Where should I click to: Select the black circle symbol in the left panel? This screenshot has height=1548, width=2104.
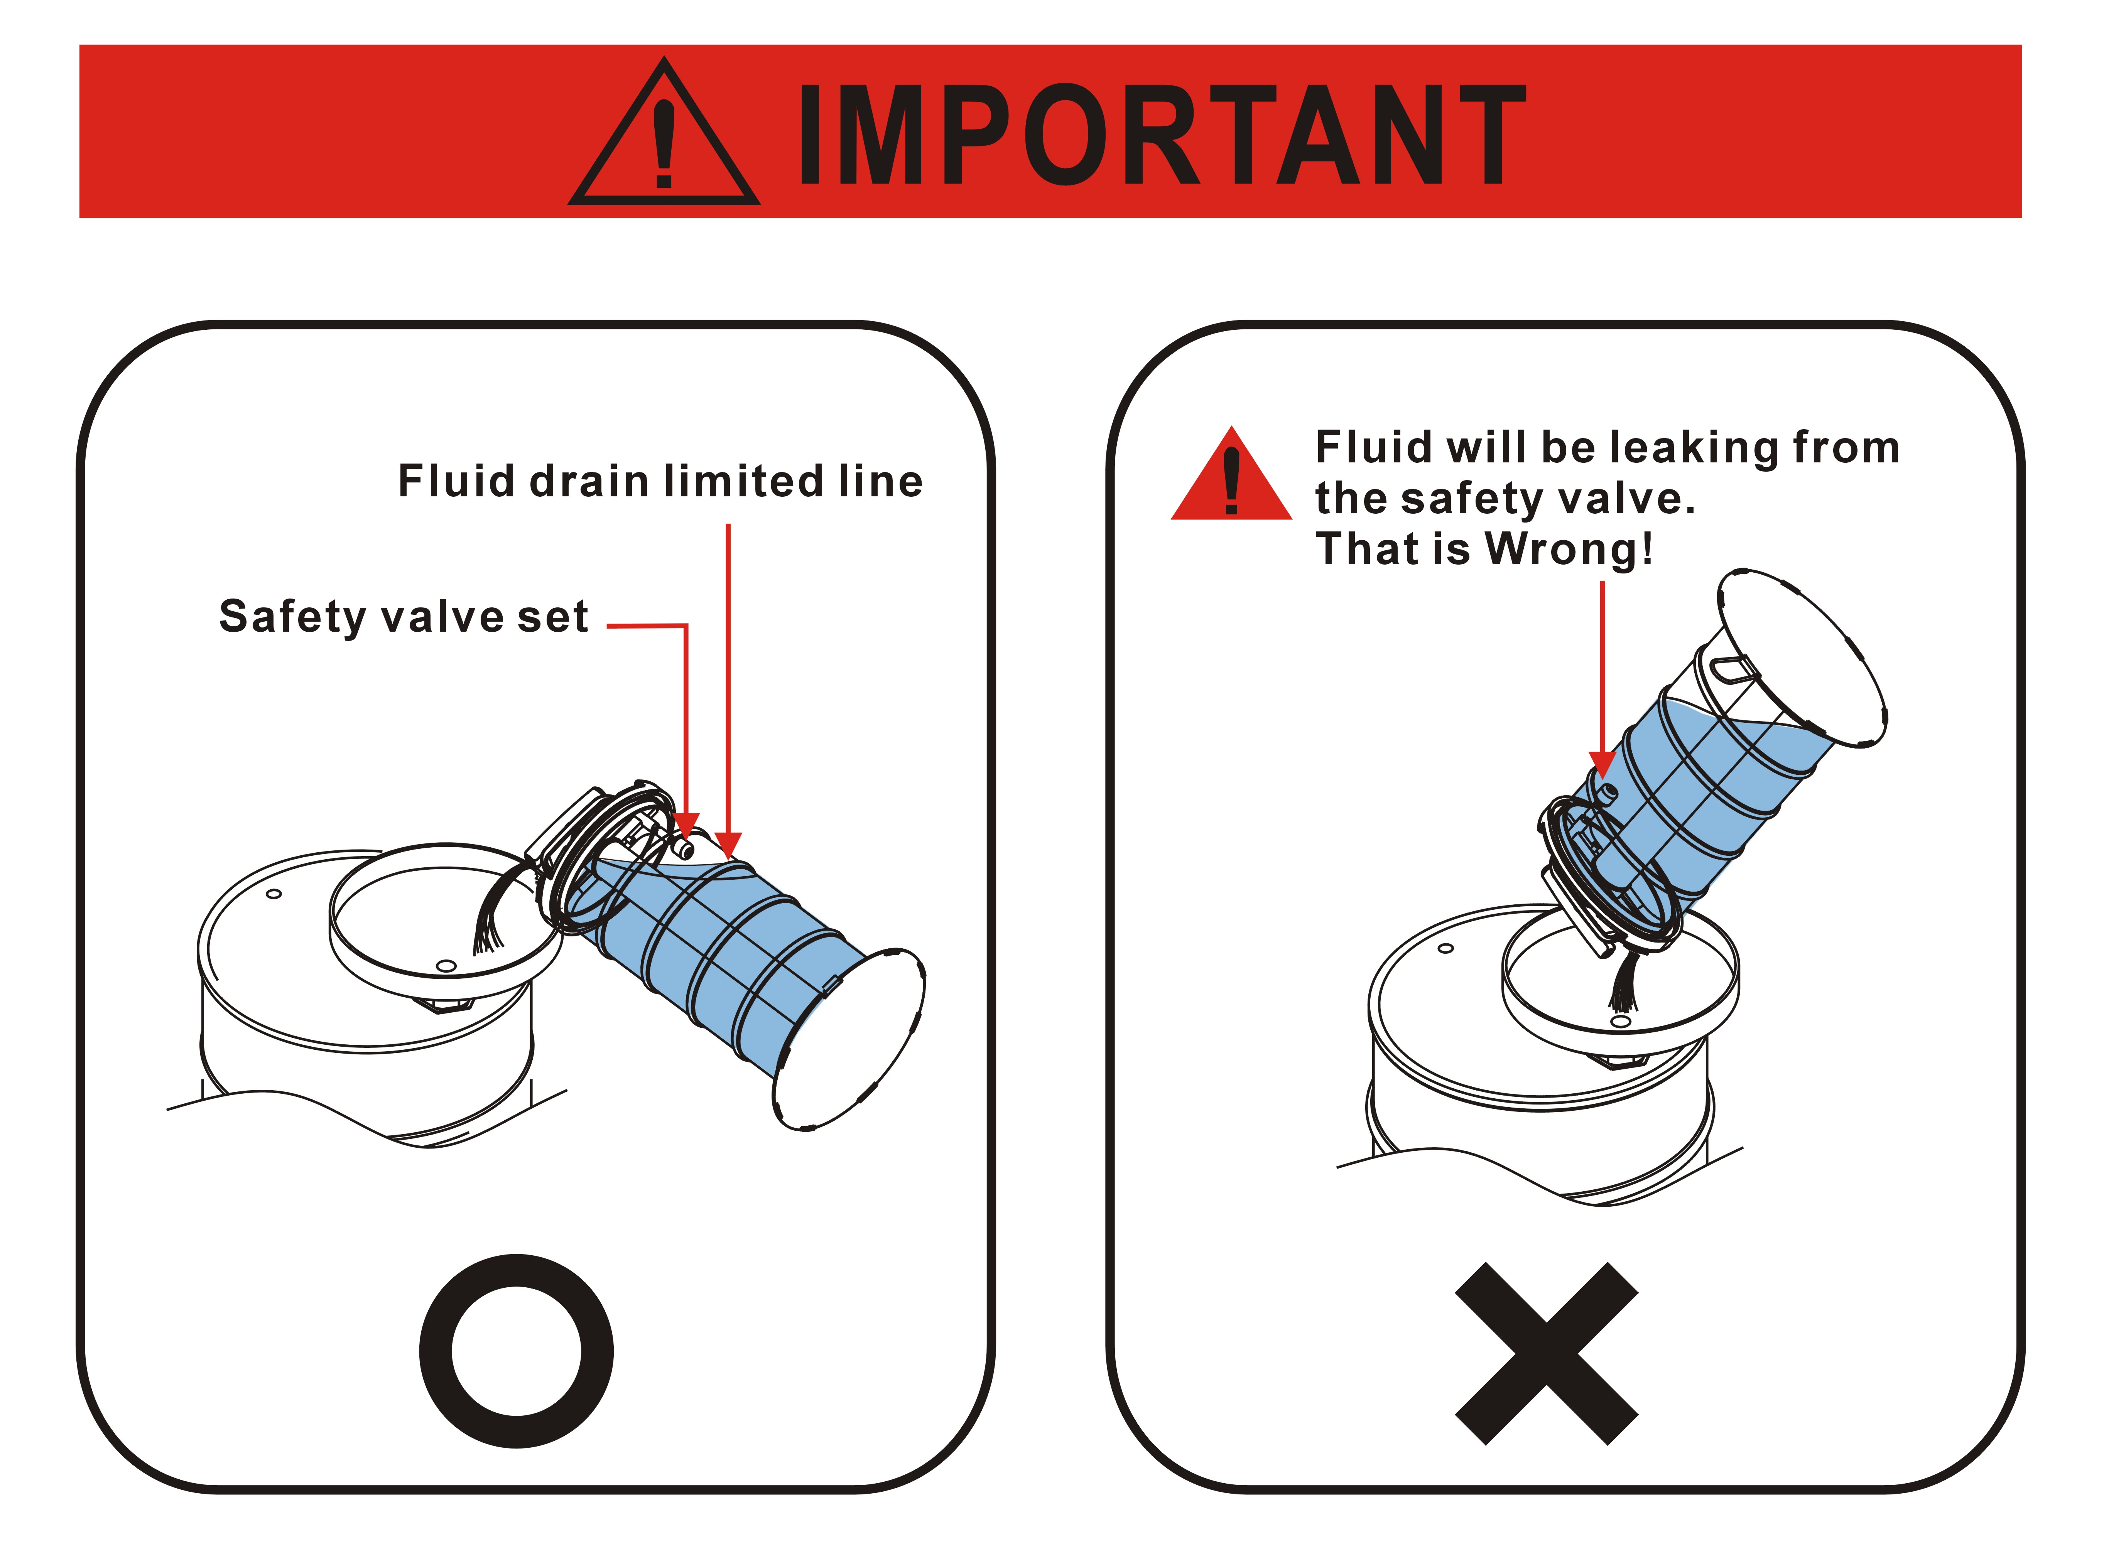pos(517,1351)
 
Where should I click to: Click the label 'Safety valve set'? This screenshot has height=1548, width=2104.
pos(404,617)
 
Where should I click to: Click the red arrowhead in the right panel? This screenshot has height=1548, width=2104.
pos(1602,765)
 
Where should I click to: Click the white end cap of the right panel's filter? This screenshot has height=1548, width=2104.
pos(1802,658)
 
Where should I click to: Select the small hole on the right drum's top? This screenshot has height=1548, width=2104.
pos(1446,948)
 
